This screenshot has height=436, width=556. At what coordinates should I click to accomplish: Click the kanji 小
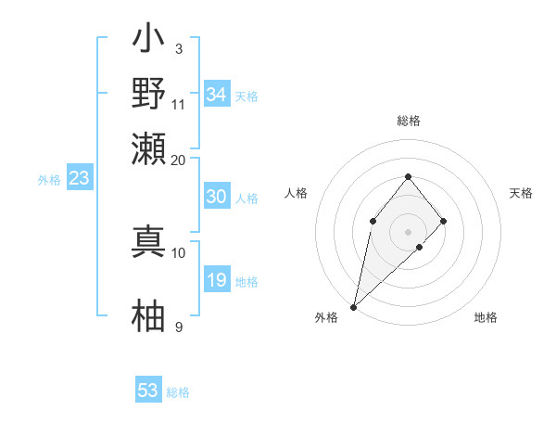pos(149,42)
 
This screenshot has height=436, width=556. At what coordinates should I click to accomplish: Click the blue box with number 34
pos(216,94)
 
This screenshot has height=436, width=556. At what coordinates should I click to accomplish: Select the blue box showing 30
pos(216,197)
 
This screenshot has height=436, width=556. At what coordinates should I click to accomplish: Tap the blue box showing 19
pos(216,280)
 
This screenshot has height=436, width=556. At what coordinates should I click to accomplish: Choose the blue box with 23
pos(79,179)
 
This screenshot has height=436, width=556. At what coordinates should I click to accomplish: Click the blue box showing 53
pos(148,391)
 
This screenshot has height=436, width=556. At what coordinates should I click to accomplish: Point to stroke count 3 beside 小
pos(178,48)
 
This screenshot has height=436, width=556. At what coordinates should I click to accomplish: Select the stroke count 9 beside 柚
pos(178,327)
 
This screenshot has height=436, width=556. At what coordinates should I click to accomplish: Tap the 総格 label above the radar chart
pos(408,121)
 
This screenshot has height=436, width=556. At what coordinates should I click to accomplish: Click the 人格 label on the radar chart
pos(296,193)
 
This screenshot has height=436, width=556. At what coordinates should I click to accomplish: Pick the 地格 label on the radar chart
pos(486,317)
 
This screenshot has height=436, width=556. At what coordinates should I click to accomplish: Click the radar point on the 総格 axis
pos(408,176)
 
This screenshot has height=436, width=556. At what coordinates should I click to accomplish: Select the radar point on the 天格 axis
pos(444,221)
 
